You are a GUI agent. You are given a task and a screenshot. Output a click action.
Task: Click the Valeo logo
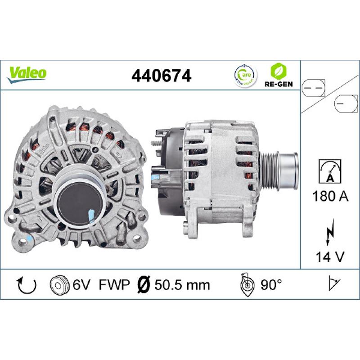pos(27,73)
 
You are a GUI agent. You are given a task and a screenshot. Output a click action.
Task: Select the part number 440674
pos(161,75)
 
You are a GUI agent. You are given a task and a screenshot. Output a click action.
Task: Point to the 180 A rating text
pos(329,196)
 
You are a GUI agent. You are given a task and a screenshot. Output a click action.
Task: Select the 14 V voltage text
pos(329,257)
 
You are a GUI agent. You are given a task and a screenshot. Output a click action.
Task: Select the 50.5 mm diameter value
pos(182,284)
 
